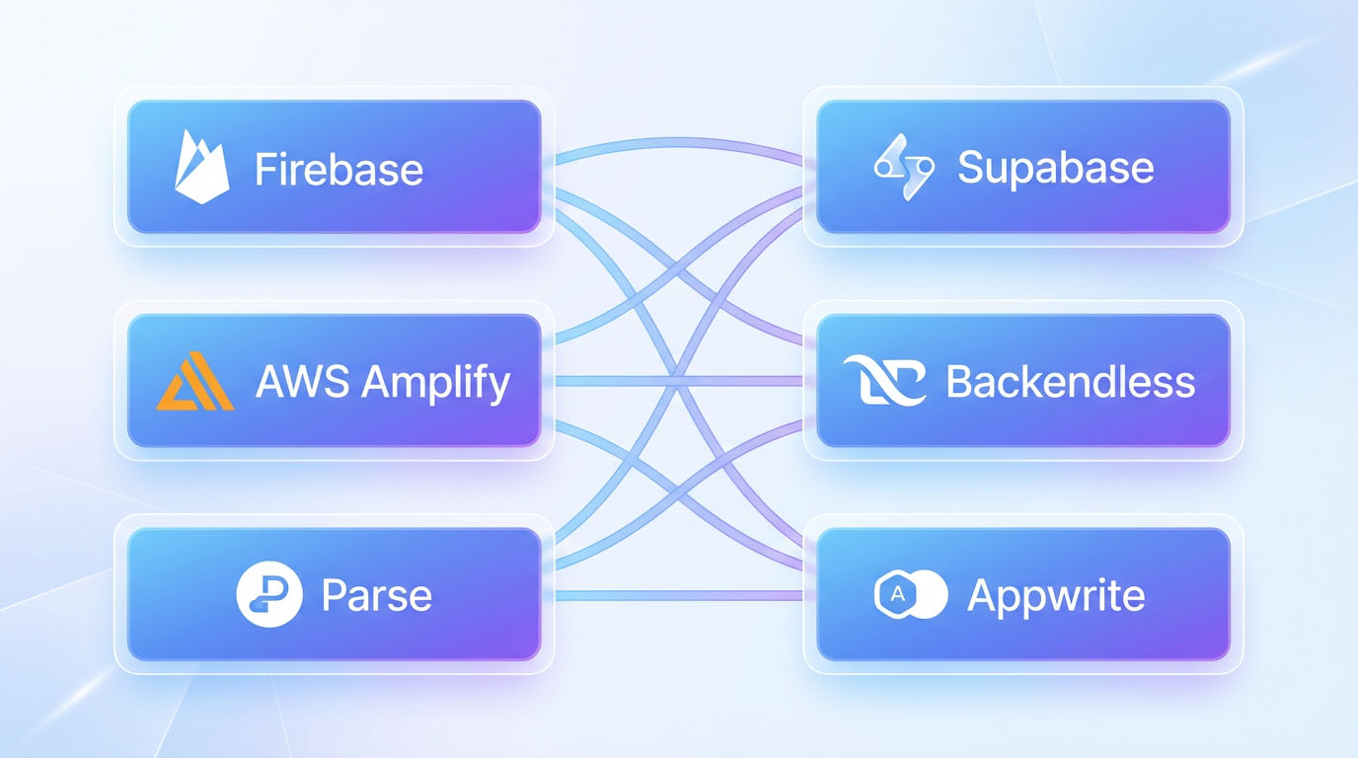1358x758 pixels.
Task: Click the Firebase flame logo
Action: (x=201, y=167)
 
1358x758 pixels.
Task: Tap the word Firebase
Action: (x=339, y=169)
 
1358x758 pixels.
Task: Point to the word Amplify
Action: (x=435, y=383)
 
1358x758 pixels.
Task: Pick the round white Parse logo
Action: (x=268, y=595)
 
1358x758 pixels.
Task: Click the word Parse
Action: (x=376, y=596)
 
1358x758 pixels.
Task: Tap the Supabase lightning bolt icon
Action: (x=903, y=168)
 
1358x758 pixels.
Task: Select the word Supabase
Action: (x=1055, y=168)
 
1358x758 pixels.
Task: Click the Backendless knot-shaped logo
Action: (x=884, y=382)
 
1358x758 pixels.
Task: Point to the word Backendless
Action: (x=1070, y=382)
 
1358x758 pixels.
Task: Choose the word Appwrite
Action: (x=1056, y=595)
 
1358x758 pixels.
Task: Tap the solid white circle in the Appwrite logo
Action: (x=929, y=594)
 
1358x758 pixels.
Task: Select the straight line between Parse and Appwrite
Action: (x=679, y=595)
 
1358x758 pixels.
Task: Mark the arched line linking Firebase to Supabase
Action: (x=679, y=139)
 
